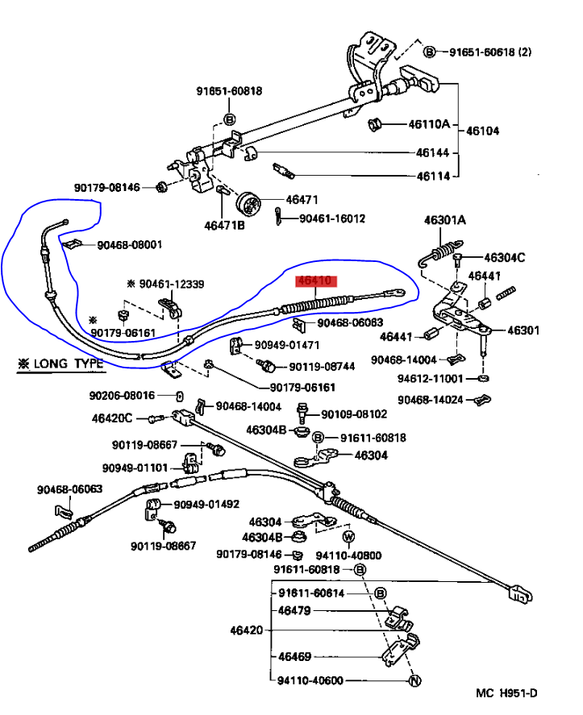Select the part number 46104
tap(483, 130)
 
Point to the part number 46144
tap(432, 152)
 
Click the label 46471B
tap(224, 225)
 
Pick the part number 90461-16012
tap(332, 218)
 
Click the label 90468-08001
tap(130, 245)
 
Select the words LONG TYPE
tap(69, 364)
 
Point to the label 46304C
tap(505, 258)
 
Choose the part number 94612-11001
tap(430, 377)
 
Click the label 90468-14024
tap(430, 399)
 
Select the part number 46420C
tap(112, 418)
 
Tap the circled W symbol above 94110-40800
tap(348, 536)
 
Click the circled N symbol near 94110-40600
tap(413, 681)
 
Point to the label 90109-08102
tap(354, 414)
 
